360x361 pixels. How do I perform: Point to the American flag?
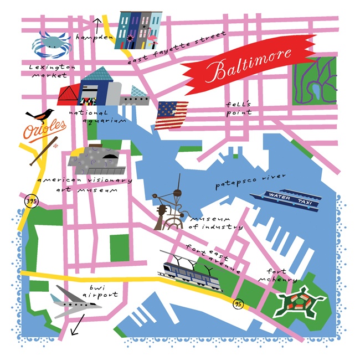click(x=171, y=115)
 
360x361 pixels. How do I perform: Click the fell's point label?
click(x=239, y=108)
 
